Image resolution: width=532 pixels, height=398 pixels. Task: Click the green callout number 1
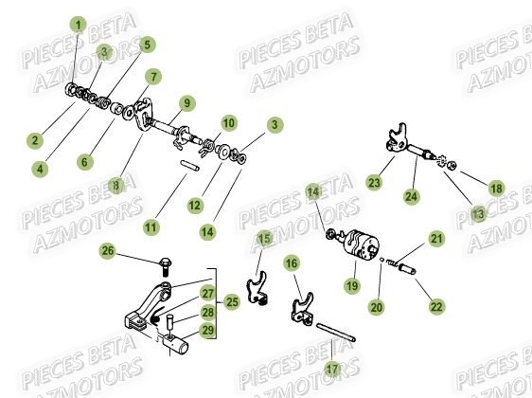click(x=79, y=26)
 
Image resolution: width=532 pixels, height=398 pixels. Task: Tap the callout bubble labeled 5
click(x=147, y=45)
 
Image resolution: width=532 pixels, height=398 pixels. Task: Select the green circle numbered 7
click(x=153, y=77)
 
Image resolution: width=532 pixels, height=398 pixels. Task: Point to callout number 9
click(x=186, y=103)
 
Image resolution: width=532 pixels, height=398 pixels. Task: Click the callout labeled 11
click(x=151, y=227)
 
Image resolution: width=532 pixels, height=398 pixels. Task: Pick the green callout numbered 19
click(x=352, y=285)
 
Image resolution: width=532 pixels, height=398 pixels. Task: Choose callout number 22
click(x=436, y=307)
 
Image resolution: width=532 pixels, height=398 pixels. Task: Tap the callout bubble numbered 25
click(x=232, y=302)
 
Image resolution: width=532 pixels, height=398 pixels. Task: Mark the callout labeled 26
click(x=108, y=251)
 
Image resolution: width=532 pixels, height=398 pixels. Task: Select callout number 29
click(x=208, y=330)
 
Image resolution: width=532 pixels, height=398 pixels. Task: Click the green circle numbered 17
click(x=332, y=370)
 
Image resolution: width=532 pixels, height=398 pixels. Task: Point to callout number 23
click(x=374, y=183)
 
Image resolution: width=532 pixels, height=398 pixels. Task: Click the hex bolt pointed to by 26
click(x=166, y=267)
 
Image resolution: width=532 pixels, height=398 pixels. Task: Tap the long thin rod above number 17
click(x=336, y=333)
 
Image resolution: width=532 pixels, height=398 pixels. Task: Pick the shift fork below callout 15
click(x=257, y=288)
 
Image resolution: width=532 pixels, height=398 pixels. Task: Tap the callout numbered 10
click(x=229, y=123)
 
